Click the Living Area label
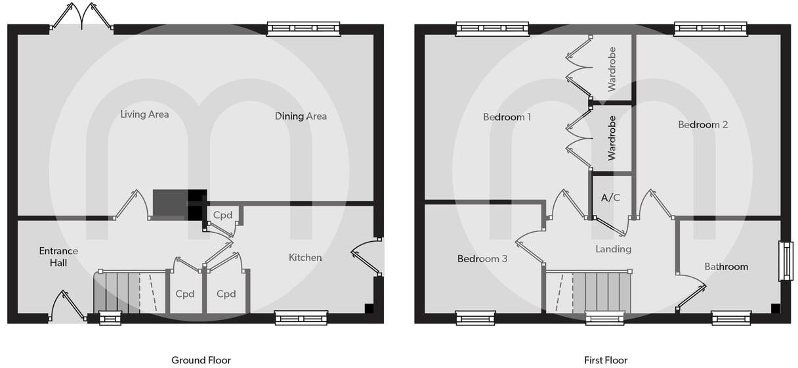[x=144, y=114]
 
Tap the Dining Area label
[x=301, y=116]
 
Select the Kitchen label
[x=305, y=258]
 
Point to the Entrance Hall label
[x=58, y=257]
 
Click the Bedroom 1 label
[x=507, y=117]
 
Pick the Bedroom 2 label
[x=703, y=125]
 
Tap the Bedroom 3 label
[x=482, y=258]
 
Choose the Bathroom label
[x=726, y=267]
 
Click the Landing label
[x=613, y=249]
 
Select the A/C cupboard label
[x=610, y=198]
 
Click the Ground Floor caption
[x=201, y=360]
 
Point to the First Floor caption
[x=606, y=360]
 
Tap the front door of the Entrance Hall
[x=68, y=307]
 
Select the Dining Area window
[x=304, y=29]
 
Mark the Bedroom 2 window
[x=710, y=29]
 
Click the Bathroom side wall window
[x=785, y=261]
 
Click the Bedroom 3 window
[x=475, y=318]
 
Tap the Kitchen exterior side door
[x=367, y=257]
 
